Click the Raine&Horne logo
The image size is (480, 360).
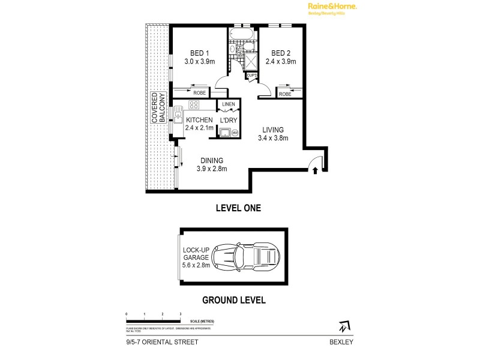(332, 8)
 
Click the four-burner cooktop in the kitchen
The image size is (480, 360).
(194, 104)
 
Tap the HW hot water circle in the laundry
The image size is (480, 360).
(235, 133)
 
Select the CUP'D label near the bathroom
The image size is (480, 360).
(251, 75)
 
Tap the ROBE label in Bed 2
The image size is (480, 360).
(285, 94)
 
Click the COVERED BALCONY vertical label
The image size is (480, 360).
(158, 108)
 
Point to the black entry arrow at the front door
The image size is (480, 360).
(315, 171)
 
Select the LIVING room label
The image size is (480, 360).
(272, 130)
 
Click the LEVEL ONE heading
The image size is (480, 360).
(238, 208)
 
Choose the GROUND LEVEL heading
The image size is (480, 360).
(233, 300)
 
